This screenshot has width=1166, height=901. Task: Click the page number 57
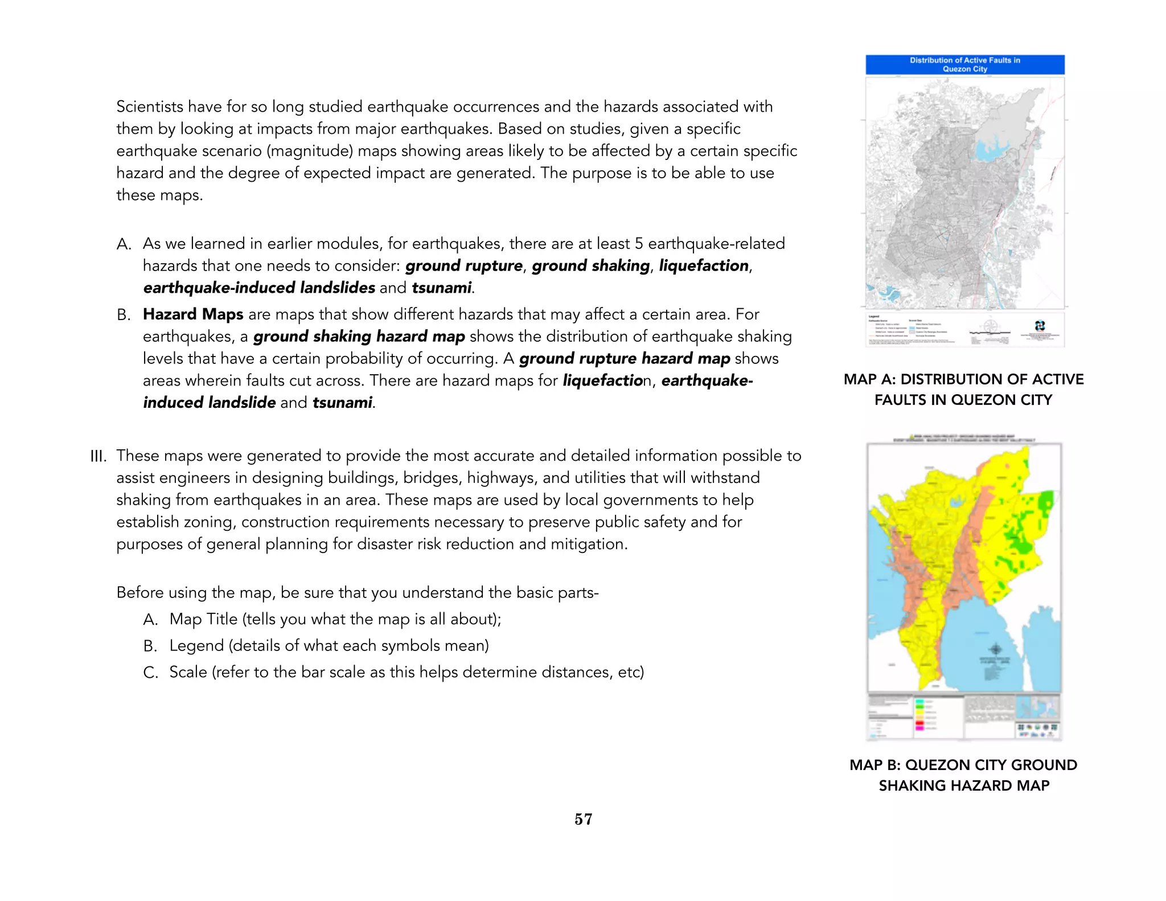click(583, 819)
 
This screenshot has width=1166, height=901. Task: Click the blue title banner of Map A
click(964, 64)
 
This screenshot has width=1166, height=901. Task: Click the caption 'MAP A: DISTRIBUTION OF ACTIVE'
click(963, 379)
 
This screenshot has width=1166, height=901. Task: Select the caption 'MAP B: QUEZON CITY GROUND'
click(963, 765)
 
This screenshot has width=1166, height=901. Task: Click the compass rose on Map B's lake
click(996, 649)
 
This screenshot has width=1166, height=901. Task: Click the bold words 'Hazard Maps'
click(193, 314)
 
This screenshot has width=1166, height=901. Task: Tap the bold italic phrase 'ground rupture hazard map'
click(624, 358)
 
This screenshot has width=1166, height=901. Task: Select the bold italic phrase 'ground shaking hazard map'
click(359, 337)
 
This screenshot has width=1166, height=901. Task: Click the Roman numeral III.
click(98, 457)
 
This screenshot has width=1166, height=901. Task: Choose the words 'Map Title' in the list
click(203, 619)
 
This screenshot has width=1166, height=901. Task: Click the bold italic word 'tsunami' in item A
click(441, 288)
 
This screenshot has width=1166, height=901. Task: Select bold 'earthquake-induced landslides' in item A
click(259, 288)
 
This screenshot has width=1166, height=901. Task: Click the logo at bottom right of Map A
click(1040, 326)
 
